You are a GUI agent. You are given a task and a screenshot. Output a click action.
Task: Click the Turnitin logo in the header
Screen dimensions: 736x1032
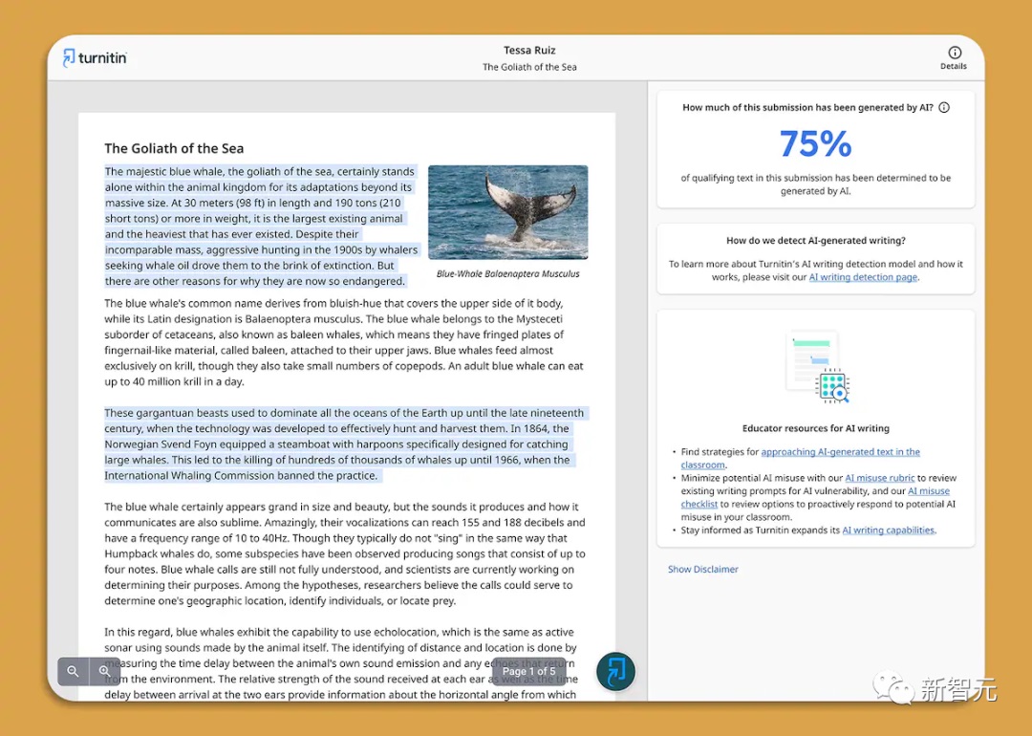[95, 57]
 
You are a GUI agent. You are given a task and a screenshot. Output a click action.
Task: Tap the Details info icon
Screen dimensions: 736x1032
[954, 53]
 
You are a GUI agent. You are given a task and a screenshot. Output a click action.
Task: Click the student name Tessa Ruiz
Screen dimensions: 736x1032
[529, 50]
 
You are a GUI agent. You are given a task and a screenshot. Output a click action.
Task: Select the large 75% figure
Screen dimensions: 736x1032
[815, 143]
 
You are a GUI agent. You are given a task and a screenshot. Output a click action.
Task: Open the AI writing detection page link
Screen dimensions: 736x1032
[863, 277]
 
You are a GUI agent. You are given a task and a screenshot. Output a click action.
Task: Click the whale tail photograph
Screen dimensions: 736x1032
[507, 212]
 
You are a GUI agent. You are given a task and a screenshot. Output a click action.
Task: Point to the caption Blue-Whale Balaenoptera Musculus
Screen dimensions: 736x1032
[507, 273]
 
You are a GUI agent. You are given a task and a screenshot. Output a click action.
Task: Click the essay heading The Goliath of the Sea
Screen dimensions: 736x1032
[174, 148]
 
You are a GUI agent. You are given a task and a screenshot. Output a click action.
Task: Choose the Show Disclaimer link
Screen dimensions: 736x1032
[702, 569]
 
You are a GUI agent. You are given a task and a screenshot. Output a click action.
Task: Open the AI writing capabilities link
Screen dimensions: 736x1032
[888, 530]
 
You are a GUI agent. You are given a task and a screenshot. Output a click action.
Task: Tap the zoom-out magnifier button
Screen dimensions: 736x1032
[73, 672]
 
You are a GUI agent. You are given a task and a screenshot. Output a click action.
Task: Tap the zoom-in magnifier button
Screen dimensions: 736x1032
[104, 672]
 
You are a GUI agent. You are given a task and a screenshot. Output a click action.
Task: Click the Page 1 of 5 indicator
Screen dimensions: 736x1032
[528, 671]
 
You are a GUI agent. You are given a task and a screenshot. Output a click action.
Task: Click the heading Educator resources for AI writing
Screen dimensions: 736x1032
[815, 428]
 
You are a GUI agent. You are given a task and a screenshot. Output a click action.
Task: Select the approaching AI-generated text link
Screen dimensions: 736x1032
[840, 452]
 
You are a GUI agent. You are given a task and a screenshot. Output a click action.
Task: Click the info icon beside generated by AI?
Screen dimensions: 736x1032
[944, 108]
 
